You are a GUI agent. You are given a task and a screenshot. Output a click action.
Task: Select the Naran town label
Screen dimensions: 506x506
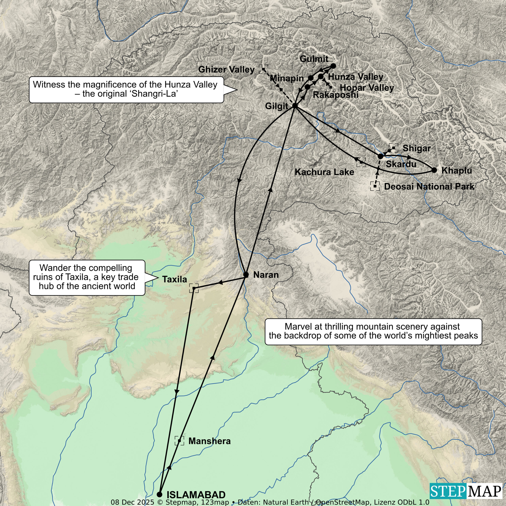266,275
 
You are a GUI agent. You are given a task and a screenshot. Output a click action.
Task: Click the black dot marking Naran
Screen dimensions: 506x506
246,275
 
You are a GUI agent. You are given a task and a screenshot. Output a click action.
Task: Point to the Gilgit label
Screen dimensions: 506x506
277,106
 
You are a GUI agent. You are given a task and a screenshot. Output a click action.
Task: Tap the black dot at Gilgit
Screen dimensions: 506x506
295,106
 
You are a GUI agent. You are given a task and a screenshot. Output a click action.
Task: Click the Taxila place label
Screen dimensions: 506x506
175,279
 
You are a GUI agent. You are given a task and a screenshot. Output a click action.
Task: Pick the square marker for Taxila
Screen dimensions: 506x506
194,288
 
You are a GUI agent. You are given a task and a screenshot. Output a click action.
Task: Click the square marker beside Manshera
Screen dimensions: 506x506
179,441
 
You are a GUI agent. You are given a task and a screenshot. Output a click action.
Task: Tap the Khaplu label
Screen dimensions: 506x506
457,171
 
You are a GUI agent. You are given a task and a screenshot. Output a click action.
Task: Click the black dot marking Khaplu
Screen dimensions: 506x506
434,170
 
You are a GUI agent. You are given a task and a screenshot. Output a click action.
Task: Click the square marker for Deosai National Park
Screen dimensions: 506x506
375,186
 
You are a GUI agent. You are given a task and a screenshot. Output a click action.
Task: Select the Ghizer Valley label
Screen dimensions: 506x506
226,69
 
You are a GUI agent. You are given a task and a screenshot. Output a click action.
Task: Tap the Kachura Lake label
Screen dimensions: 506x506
324,172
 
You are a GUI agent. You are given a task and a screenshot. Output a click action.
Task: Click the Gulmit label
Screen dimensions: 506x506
314,59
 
